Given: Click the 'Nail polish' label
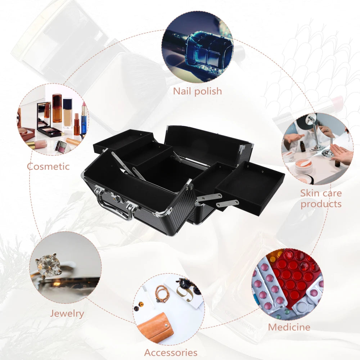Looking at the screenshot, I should (x=197, y=91).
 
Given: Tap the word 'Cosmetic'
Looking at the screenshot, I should (x=48, y=166).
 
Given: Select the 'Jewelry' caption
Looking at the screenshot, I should (x=67, y=313).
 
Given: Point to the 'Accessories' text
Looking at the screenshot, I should (x=171, y=352).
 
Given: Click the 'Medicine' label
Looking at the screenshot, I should (x=289, y=327).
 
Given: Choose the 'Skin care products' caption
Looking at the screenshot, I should (x=321, y=198).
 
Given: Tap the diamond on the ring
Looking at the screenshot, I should (x=48, y=266).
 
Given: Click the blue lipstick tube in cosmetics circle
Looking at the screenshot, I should (x=84, y=118).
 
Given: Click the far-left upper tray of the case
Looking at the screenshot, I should (x=122, y=140).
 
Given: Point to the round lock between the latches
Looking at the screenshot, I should (x=116, y=197).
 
